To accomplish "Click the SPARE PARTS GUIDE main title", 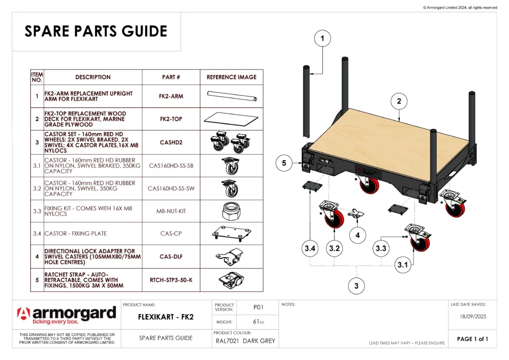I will click(x=96, y=31).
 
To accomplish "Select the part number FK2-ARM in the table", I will click(x=171, y=96).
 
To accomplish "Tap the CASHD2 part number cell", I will click(x=171, y=142).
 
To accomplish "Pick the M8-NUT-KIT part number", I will click(x=171, y=211).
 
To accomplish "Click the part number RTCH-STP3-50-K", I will click(x=171, y=280).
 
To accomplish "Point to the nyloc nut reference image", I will click(x=231, y=211).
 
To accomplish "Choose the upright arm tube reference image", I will click(x=232, y=96).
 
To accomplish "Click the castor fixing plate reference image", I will click(x=231, y=233).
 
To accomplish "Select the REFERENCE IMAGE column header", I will click(x=232, y=77).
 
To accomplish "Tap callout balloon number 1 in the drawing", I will click(x=323, y=38).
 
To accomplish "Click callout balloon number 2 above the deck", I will click(x=399, y=101).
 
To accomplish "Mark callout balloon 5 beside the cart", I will click(x=284, y=163).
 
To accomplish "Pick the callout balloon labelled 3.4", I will click(x=310, y=248).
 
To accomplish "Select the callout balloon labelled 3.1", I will click(x=403, y=265).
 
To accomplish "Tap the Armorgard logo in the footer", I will click(x=67, y=315).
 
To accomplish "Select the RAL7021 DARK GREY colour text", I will click(x=246, y=341).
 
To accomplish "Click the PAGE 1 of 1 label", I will click(x=472, y=339).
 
